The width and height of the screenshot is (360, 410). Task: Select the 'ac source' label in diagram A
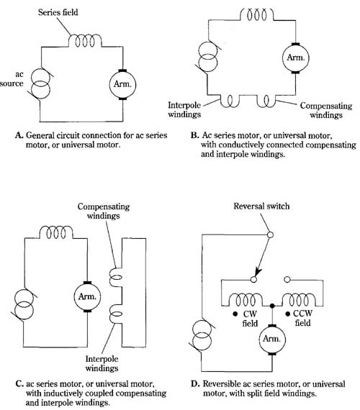(12, 78)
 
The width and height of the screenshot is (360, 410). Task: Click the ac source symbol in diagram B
(208, 57)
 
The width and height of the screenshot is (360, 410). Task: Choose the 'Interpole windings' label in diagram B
(184, 110)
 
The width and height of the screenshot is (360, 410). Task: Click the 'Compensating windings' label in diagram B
(326, 110)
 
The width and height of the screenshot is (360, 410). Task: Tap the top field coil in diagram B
(256, 14)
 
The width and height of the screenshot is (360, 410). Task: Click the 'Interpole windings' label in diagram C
(102, 363)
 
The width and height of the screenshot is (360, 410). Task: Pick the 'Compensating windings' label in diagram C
(104, 211)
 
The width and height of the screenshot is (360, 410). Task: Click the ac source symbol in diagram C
(24, 305)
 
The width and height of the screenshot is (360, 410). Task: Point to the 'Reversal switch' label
(261, 206)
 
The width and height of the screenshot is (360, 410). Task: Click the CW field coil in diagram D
(246, 300)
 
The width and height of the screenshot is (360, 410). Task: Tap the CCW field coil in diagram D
(299, 300)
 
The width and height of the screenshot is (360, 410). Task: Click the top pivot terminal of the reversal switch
(270, 234)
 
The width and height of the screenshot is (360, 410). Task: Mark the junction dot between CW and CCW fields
(272, 306)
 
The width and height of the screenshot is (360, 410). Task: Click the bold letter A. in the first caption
(19, 135)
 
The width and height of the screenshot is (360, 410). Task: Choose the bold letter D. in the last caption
(195, 383)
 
